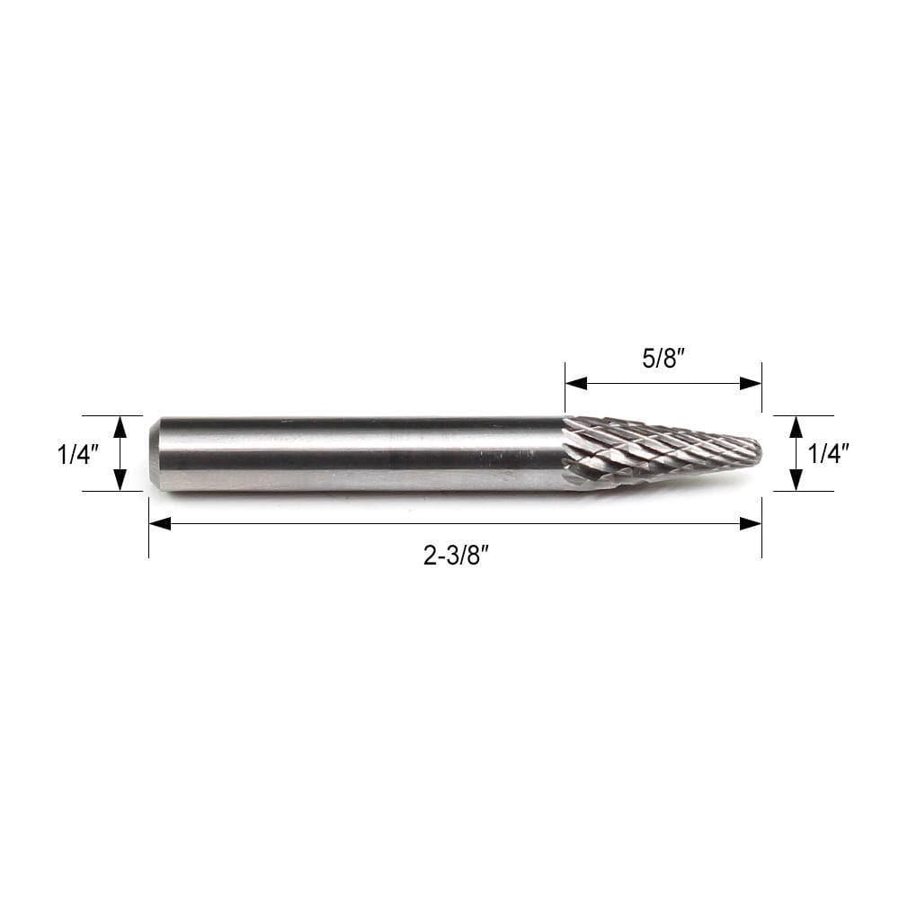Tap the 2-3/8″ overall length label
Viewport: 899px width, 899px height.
[455, 556]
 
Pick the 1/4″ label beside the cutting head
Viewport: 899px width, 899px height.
[828, 455]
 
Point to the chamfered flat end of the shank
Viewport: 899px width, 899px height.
[154, 454]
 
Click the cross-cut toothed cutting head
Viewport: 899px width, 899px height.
[647, 451]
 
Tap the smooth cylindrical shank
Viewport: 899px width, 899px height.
[360, 454]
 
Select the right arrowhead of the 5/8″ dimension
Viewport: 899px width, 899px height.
[751, 383]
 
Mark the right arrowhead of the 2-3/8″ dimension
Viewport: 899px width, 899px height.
[751, 523]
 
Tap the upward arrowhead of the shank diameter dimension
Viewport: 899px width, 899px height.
[120, 426]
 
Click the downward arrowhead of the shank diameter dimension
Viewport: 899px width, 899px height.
[120, 480]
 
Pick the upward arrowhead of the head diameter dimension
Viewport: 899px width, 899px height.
[796, 426]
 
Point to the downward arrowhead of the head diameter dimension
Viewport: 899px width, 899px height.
[796, 480]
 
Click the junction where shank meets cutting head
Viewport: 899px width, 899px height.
[565, 454]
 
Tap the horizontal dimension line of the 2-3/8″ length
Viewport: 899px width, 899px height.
[360, 523]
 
